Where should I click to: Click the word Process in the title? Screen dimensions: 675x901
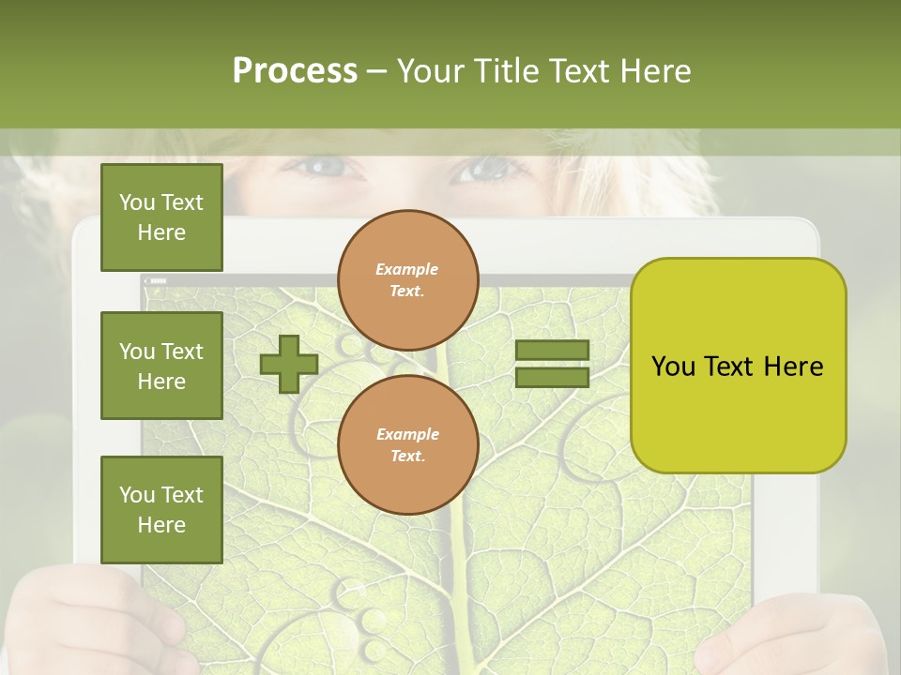click(295, 71)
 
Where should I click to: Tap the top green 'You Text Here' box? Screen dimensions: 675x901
click(161, 217)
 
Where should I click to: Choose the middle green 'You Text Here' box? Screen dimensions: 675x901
click(161, 366)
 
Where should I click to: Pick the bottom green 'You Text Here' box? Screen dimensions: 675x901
click(161, 510)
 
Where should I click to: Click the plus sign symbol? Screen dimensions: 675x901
click(288, 364)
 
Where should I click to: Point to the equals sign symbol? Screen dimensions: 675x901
click(552, 364)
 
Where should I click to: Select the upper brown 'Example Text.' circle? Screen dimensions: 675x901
click(408, 280)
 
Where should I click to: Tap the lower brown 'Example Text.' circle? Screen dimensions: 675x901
click(408, 445)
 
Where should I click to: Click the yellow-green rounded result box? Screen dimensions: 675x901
click(738, 366)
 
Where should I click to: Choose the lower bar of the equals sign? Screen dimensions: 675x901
click(552, 378)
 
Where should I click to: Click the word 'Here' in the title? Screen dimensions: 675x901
click(654, 71)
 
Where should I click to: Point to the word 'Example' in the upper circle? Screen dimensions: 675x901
click(407, 269)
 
